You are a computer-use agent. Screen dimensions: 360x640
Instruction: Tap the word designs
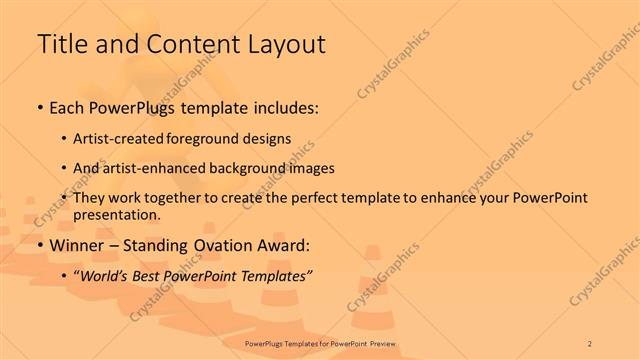pyautogui.click(x=269, y=139)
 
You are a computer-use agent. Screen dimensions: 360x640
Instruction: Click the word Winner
pyautogui.click(x=77, y=246)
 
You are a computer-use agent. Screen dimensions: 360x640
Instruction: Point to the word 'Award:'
pyautogui.click(x=283, y=246)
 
